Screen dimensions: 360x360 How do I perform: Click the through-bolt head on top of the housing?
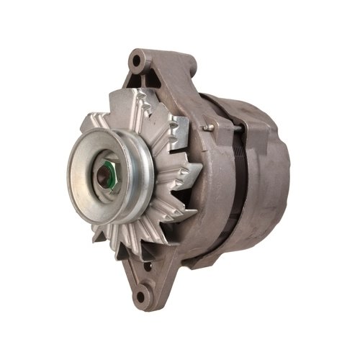(204, 127)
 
